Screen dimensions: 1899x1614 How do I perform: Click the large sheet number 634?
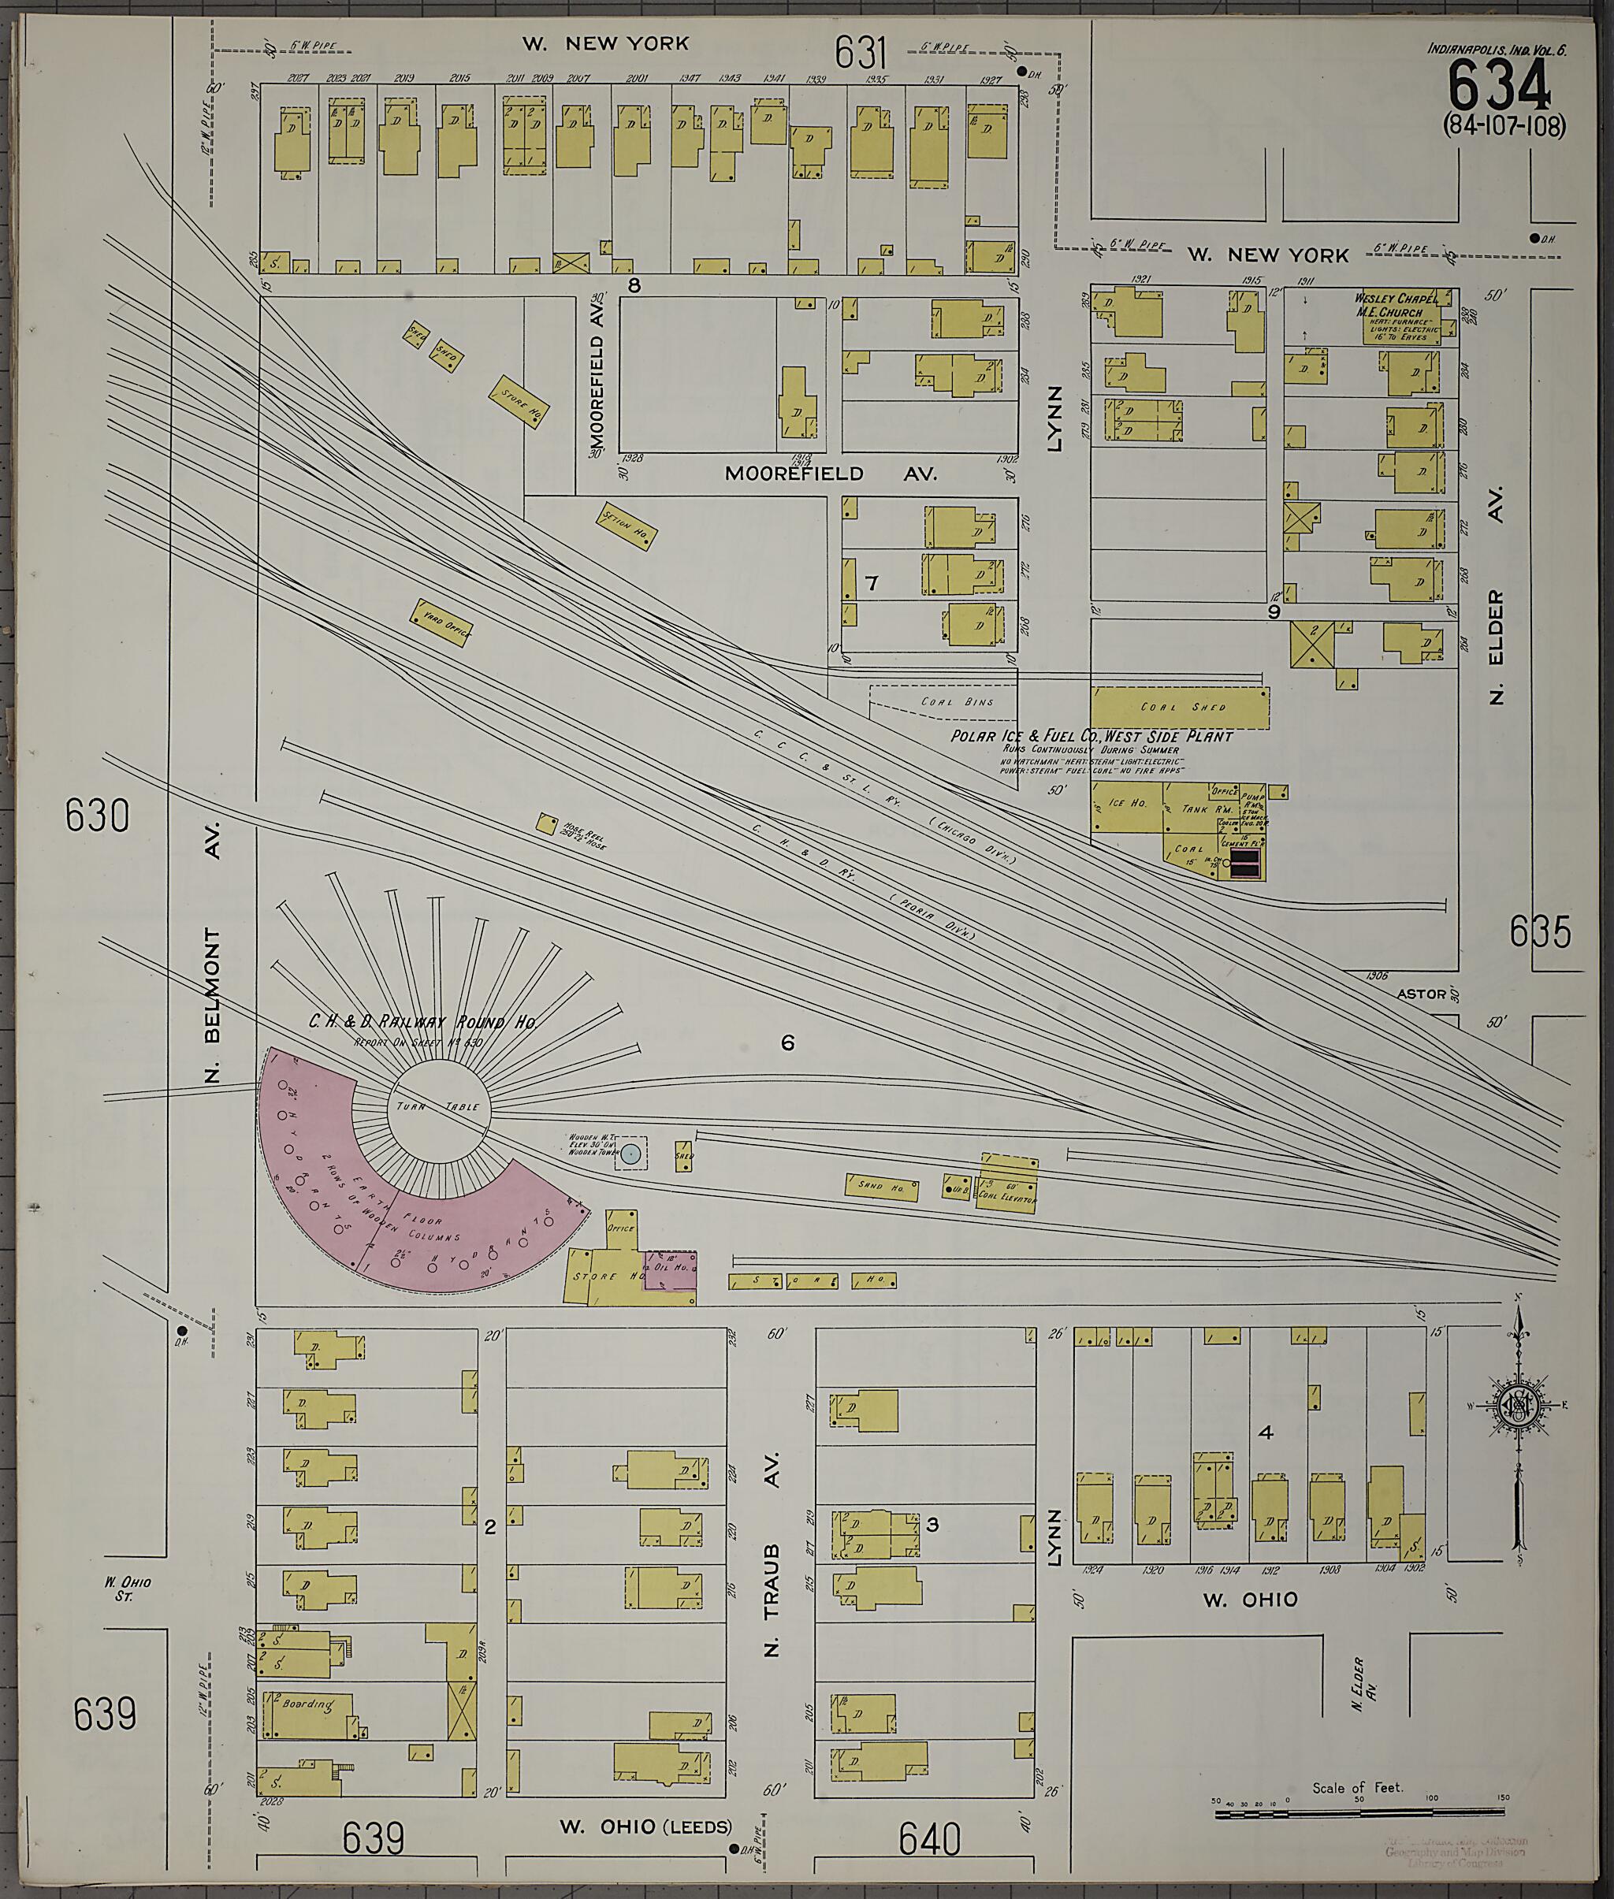tap(1500, 90)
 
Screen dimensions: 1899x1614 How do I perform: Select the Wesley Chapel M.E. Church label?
tap(1397, 306)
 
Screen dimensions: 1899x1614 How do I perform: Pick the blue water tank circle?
tap(630, 1154)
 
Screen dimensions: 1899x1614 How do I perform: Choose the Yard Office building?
tap(443, 624)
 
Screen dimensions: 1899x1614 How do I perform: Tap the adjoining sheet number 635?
tap(1540, 933)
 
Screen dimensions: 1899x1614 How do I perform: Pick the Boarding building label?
tap(307, 1704)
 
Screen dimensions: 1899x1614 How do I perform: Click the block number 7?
tap(871, 582)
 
